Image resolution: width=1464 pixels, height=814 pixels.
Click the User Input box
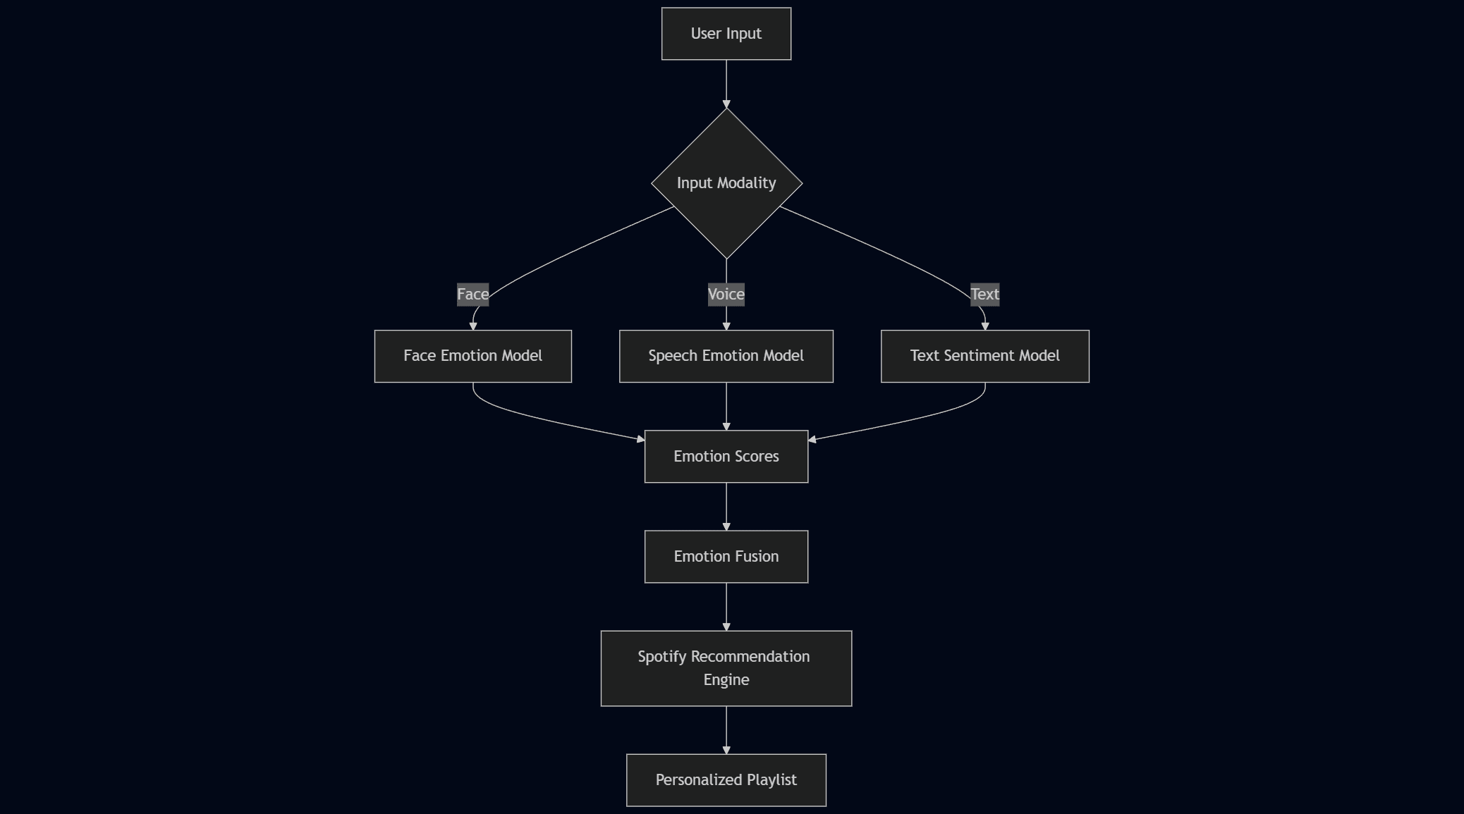pyautogui.click(x=726, y=34)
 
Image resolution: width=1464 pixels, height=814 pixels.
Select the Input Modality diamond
pyautogui.click(x=726, y=183)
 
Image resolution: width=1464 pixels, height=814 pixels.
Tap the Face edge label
pyautogui.click(x=472, y=294)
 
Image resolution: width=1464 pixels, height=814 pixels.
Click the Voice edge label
pyautogui.click(x=726, y=294)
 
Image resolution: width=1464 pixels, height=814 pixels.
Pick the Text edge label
pyautogui.click(x=984, y=294)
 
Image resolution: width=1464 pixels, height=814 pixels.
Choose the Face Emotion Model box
pyautogui.click(x=472, y=356)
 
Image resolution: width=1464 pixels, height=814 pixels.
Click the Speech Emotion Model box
pyautogui.click(x=726, y=356)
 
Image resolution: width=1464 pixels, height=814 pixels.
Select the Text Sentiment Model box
pyautogui.click(x=984, y=356)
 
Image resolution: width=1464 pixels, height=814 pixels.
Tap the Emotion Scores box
pyautogui.click(x=726, y=457)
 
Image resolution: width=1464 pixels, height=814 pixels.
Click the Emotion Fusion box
pyautogui.click(x=726, y=557)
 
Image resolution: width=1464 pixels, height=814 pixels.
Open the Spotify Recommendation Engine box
pyautogui.click(x=726, y=667)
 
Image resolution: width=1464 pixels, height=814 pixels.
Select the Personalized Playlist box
pyautogui.click(x=726, y=780)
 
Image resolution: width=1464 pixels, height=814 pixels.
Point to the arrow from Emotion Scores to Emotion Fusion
pyautogui.click(x=726, y=506)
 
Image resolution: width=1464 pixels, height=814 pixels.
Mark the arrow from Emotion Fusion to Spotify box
pyautogui.click(x=726, y=606)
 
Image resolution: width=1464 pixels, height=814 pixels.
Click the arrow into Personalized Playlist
pyautogui.click(x=726, y=729)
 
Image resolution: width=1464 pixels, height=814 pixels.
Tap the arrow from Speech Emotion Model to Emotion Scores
pyautogui.click(x=726, y=406)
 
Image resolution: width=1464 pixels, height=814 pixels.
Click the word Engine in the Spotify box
pyautogui.click(x=726, y=680)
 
